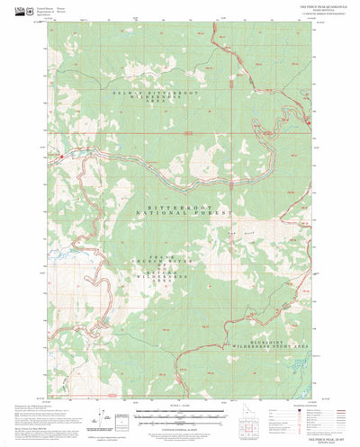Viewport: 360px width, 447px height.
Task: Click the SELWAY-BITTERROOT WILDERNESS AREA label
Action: point(101,95)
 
